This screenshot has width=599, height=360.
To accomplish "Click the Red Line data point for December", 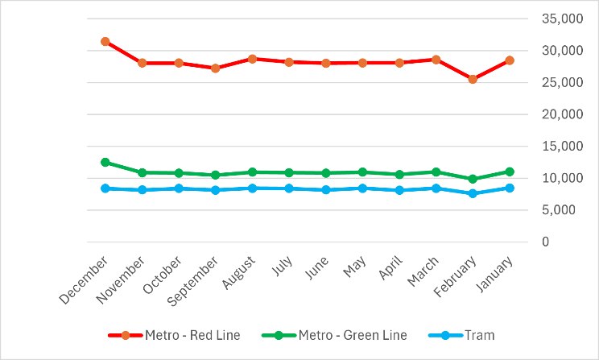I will pos(105,41).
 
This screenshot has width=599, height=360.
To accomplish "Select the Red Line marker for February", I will pos(473,80).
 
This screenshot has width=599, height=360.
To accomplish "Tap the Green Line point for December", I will pos(105,162).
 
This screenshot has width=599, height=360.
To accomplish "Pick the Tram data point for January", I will pos(510,188).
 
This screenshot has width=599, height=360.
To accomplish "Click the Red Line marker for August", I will pos(252,59).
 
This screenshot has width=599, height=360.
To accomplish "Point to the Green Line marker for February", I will pos(473,179).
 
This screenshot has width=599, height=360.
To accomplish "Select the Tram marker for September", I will pos(216,190).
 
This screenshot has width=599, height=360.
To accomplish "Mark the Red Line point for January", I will pos(510,60).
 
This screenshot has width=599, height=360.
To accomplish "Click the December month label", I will pos(84,279).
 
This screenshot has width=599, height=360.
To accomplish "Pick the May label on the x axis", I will pos(353,267).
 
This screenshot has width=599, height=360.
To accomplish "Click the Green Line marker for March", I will pos(436,172).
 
